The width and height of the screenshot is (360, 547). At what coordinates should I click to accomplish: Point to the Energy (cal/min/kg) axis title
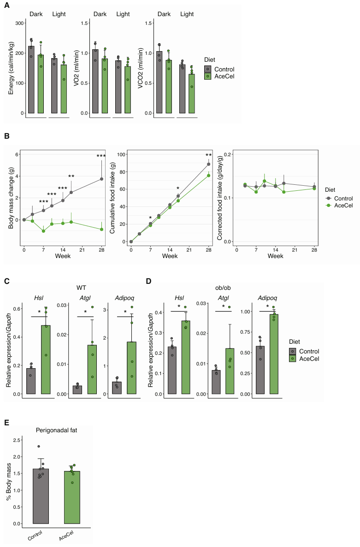tap(11, 68)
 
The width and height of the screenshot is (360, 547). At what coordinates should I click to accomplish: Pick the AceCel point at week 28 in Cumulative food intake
tap(208, 175)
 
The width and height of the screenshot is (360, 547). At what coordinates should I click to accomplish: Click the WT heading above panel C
tap(81, 288)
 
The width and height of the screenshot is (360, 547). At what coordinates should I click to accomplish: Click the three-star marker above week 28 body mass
tap(101, 156)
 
